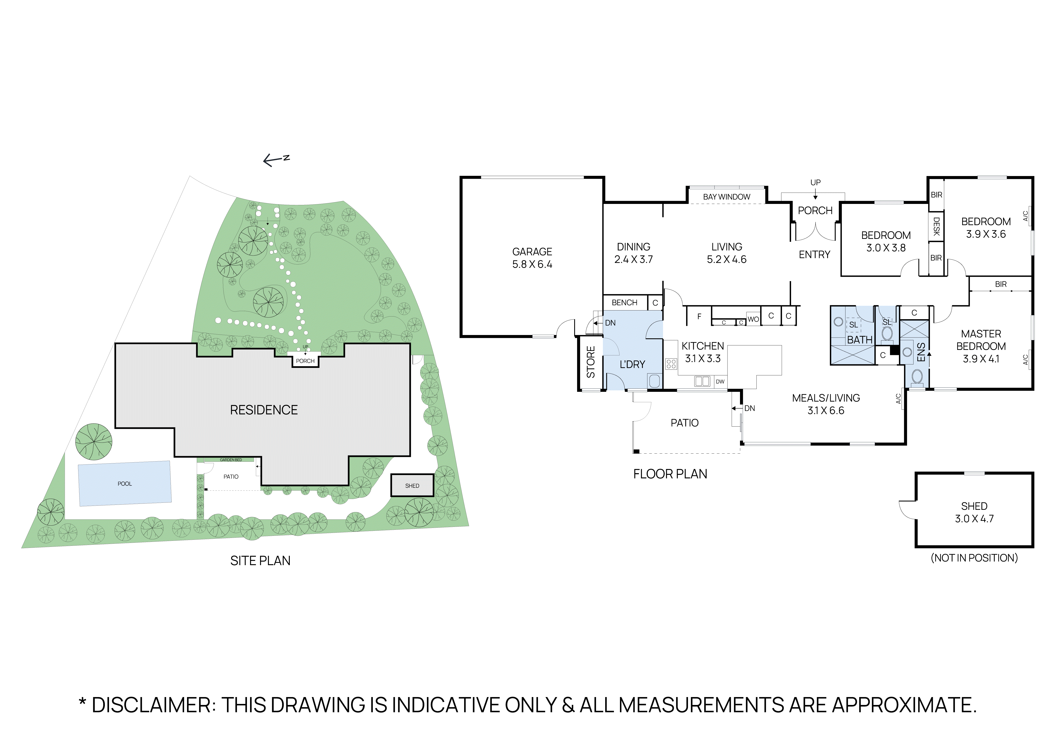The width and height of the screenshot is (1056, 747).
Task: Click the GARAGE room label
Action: [x=532, y=252]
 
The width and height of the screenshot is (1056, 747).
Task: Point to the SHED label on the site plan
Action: [x=412, y=486]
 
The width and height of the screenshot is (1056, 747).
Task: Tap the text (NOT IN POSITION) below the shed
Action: [x=974, y=558]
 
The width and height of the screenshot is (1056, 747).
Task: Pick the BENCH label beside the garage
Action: [x=624, y=303]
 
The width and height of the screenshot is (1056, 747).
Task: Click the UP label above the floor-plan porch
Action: [x=815, y=183]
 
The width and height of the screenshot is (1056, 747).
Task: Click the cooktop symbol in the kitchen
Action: [x=671, y=364]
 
